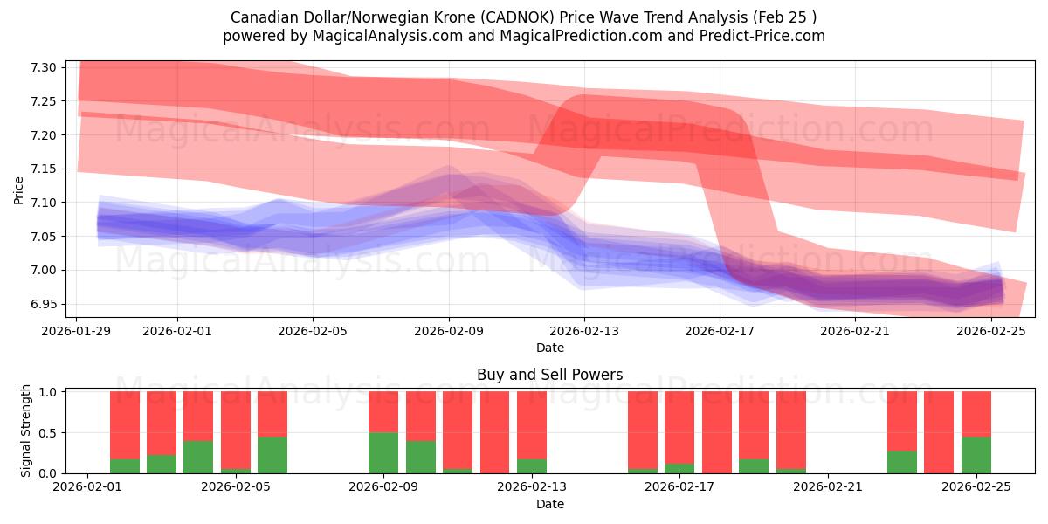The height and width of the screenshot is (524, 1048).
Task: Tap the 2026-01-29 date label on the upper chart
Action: (x=77, y=331)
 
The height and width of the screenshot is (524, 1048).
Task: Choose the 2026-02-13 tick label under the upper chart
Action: (x=584, y=331)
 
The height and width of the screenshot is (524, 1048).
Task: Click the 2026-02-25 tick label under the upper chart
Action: (x=991, y=331)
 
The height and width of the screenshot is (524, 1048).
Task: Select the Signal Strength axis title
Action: (x=26, y=431)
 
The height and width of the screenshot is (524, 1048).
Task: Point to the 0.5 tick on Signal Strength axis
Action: (x=48, y=432)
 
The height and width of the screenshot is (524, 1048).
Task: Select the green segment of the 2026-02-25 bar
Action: (x=976, y=455)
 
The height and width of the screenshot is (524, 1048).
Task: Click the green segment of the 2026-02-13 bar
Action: (x=532, y=466)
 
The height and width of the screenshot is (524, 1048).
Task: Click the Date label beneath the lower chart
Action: (x=549, y=504)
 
